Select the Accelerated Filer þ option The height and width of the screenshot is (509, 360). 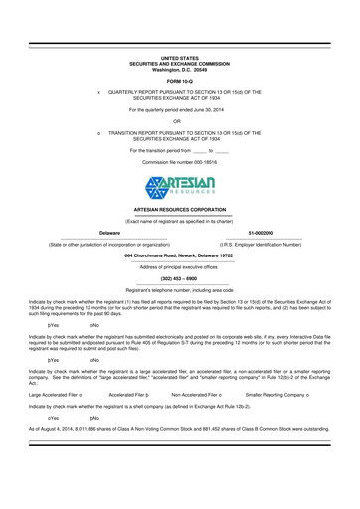[x=128, y=366]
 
